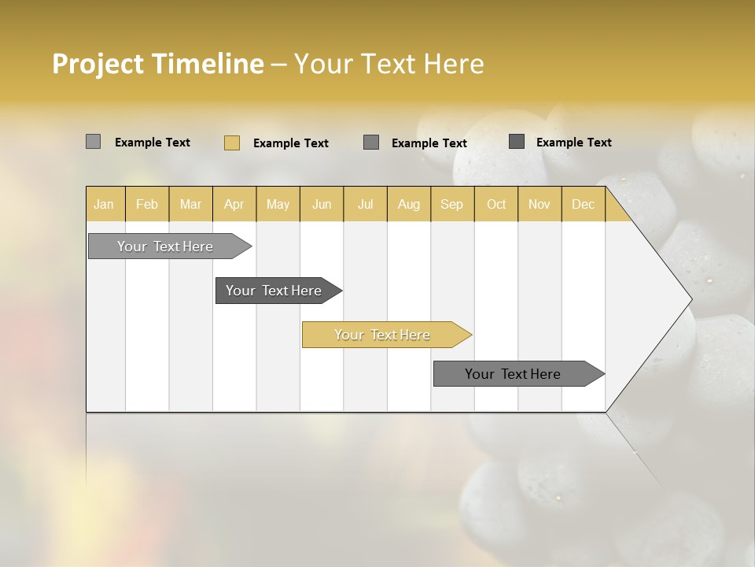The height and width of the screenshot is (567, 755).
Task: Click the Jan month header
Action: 104,205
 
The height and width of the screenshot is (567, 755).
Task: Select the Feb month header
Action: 147,205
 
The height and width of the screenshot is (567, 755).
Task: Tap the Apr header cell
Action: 234,205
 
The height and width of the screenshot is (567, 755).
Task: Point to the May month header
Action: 278,205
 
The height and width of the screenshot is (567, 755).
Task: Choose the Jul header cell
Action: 365,205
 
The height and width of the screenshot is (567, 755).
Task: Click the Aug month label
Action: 408,205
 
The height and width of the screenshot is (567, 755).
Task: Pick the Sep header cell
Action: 451,205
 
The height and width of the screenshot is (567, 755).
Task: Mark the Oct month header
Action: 496,205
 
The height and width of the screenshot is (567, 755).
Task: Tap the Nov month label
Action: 539,205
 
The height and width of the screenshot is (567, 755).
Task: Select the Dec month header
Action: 583,205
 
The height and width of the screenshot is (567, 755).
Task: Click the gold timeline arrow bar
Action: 385,335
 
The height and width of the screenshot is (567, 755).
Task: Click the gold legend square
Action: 232,143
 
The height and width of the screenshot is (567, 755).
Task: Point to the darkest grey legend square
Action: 517,142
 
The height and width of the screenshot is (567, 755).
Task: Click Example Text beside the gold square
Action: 291,143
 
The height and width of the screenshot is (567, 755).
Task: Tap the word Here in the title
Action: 454,64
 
